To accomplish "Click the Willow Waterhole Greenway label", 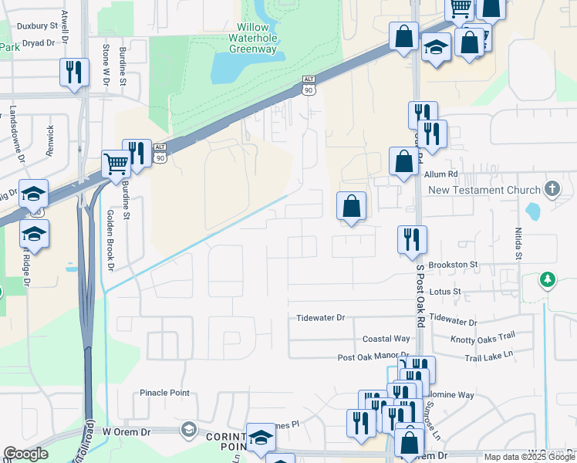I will (x=252, y=38).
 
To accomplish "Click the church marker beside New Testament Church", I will (x=552, y=188).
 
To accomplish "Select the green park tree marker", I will (x=548, y=279).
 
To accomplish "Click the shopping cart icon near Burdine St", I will (x=116, y=164).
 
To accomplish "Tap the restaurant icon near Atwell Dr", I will (x=74, y=73).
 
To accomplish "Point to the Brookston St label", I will (x=454, y=265).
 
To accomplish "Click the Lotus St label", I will (x=447, y=292).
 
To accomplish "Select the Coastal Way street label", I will (x=386, y=339).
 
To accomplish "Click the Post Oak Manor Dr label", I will (x=366, y=357).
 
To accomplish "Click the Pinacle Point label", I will (x=164, y=393).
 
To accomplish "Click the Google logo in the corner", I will (x=25, y=454).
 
